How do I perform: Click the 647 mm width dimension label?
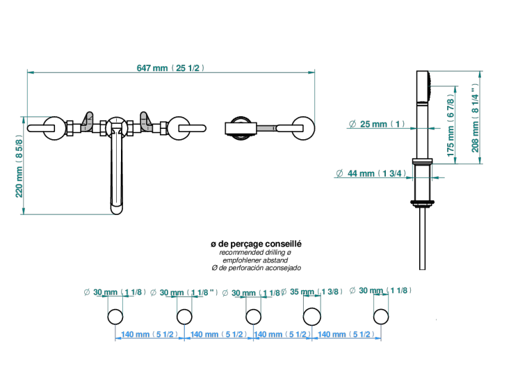click(x=171, y=68)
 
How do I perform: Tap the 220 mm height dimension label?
click(x=19, y=168)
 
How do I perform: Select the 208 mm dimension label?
click(x=475, y=118)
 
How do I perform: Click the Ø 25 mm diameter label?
click(x=377, y=124)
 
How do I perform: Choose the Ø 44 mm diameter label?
click(x=371, y=173)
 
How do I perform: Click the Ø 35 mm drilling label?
click(x=311, y=292)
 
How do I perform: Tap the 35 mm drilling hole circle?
click(x=312, y=317)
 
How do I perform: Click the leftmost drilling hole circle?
click(x=115, y=317)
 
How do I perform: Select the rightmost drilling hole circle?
click(x=381, y=317)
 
